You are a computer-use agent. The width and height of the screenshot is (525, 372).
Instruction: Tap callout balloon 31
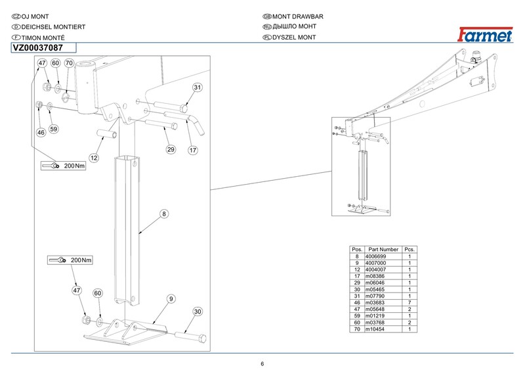[197, 87]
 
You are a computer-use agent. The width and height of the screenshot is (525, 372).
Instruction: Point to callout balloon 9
[170, 299]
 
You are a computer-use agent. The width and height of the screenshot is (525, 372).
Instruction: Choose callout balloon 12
[94, 158]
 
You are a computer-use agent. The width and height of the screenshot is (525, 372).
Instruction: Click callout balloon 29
[170, 150]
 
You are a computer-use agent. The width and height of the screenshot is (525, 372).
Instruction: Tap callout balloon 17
[193, 150]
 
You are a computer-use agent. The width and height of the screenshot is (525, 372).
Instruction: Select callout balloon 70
[68, 63]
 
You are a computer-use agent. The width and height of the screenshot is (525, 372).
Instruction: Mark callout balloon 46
[41, 132]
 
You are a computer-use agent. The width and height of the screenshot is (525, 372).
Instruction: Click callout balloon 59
[54, 129]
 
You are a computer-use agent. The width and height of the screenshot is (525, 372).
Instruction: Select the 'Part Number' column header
[383, 250]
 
